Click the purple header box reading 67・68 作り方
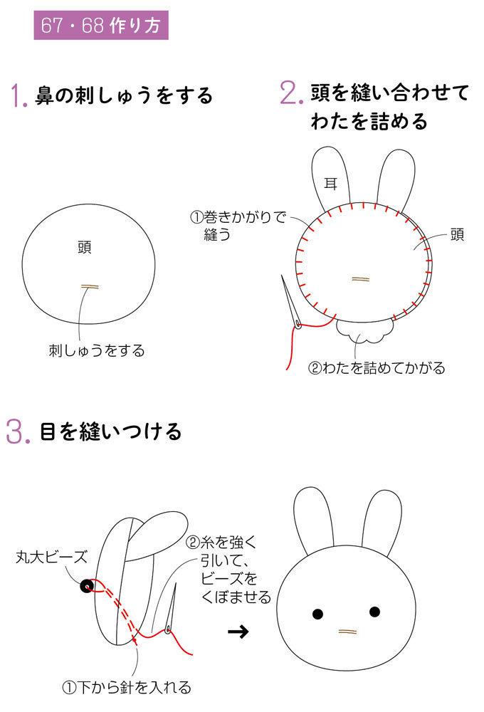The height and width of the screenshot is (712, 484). point(101,25)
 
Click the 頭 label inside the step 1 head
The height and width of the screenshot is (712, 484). point(85,248)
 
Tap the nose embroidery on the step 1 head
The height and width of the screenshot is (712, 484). point(90,286)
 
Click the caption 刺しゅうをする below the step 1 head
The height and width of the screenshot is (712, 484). point(97,350)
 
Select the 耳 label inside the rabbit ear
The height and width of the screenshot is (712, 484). point(330,184)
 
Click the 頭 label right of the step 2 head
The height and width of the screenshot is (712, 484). point(457,235)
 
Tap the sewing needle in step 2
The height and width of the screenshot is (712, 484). point(291,301)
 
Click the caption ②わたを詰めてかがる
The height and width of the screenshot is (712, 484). point(377,368)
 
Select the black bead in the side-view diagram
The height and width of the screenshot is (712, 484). point(87,586)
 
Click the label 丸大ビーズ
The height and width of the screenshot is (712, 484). point(51,557)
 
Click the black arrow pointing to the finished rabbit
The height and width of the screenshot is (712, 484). point(238,631)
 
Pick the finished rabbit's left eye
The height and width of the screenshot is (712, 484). point(318,615)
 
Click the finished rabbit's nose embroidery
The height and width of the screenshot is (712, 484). point(348,631)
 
